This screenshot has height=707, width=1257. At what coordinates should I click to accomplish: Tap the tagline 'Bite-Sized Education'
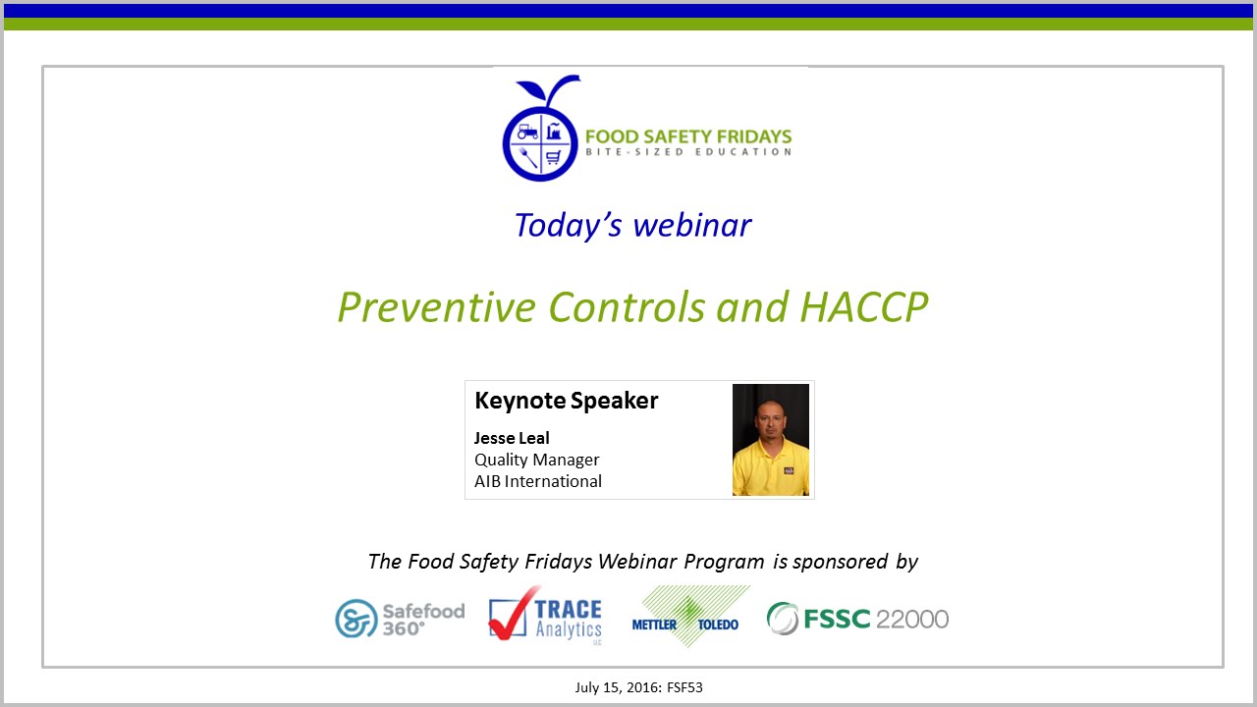[688, 152]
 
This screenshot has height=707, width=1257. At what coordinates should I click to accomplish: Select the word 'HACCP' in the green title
[864, 307]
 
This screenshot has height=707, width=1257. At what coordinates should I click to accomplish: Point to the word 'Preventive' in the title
[437, 307]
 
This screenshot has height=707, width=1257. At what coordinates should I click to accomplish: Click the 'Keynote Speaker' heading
[566, 401]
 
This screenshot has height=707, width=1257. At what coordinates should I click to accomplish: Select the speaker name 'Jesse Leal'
[512, 438]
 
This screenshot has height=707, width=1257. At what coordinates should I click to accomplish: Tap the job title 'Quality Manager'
[536, 460]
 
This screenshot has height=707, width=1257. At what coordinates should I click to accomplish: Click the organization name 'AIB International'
[537, 481]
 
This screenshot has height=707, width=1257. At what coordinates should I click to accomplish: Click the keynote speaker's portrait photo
[771, 439]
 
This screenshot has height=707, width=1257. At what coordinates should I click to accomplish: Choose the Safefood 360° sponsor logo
[399, 618]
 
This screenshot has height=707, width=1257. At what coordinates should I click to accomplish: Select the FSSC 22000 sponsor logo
[857, 619]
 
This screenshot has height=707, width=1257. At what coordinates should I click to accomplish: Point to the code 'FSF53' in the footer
[683, 687]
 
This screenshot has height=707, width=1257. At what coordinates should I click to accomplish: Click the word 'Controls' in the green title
[628, 307]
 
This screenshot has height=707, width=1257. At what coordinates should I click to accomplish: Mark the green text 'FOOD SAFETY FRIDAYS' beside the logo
[688, 136]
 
